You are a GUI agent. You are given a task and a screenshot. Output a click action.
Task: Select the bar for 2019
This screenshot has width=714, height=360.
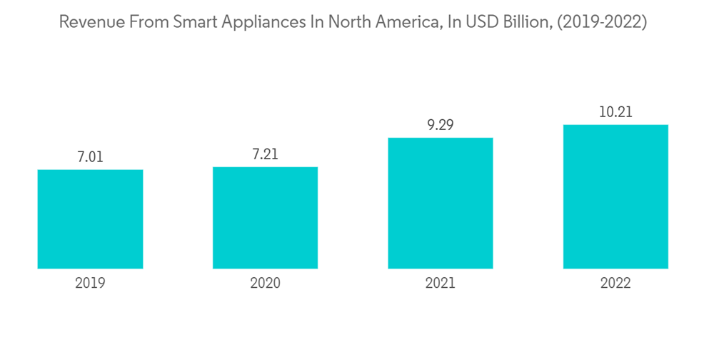pos(90,219)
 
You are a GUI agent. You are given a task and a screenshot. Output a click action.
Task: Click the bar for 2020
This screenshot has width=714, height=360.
pos(265,218)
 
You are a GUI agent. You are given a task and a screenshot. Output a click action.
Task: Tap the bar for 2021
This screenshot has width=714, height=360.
pos(441,203)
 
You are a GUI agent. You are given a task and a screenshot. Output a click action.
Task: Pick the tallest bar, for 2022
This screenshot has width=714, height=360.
pos(615,196)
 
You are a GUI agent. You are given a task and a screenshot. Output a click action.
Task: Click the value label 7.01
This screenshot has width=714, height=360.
pos(90,157)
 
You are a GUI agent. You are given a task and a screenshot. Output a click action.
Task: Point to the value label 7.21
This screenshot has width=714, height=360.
pos(265,154)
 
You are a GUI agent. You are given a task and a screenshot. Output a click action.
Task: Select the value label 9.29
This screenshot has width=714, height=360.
pos(441,125)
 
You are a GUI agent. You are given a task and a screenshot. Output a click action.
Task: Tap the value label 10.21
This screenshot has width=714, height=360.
pos(615,112)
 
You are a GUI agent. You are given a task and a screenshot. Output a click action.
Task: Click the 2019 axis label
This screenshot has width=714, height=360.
pos(90,284)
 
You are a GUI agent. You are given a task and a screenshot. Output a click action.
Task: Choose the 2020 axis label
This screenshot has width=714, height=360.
pos(265,284)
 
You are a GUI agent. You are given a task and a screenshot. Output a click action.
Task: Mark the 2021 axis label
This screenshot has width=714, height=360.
pos(441,284)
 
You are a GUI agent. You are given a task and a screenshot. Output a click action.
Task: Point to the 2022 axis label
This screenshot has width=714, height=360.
pos(615,284)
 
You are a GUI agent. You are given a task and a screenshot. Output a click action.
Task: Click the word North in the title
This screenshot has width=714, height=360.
pos(339,22)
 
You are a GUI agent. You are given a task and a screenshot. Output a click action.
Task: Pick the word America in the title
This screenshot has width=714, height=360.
pos(401,22)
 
